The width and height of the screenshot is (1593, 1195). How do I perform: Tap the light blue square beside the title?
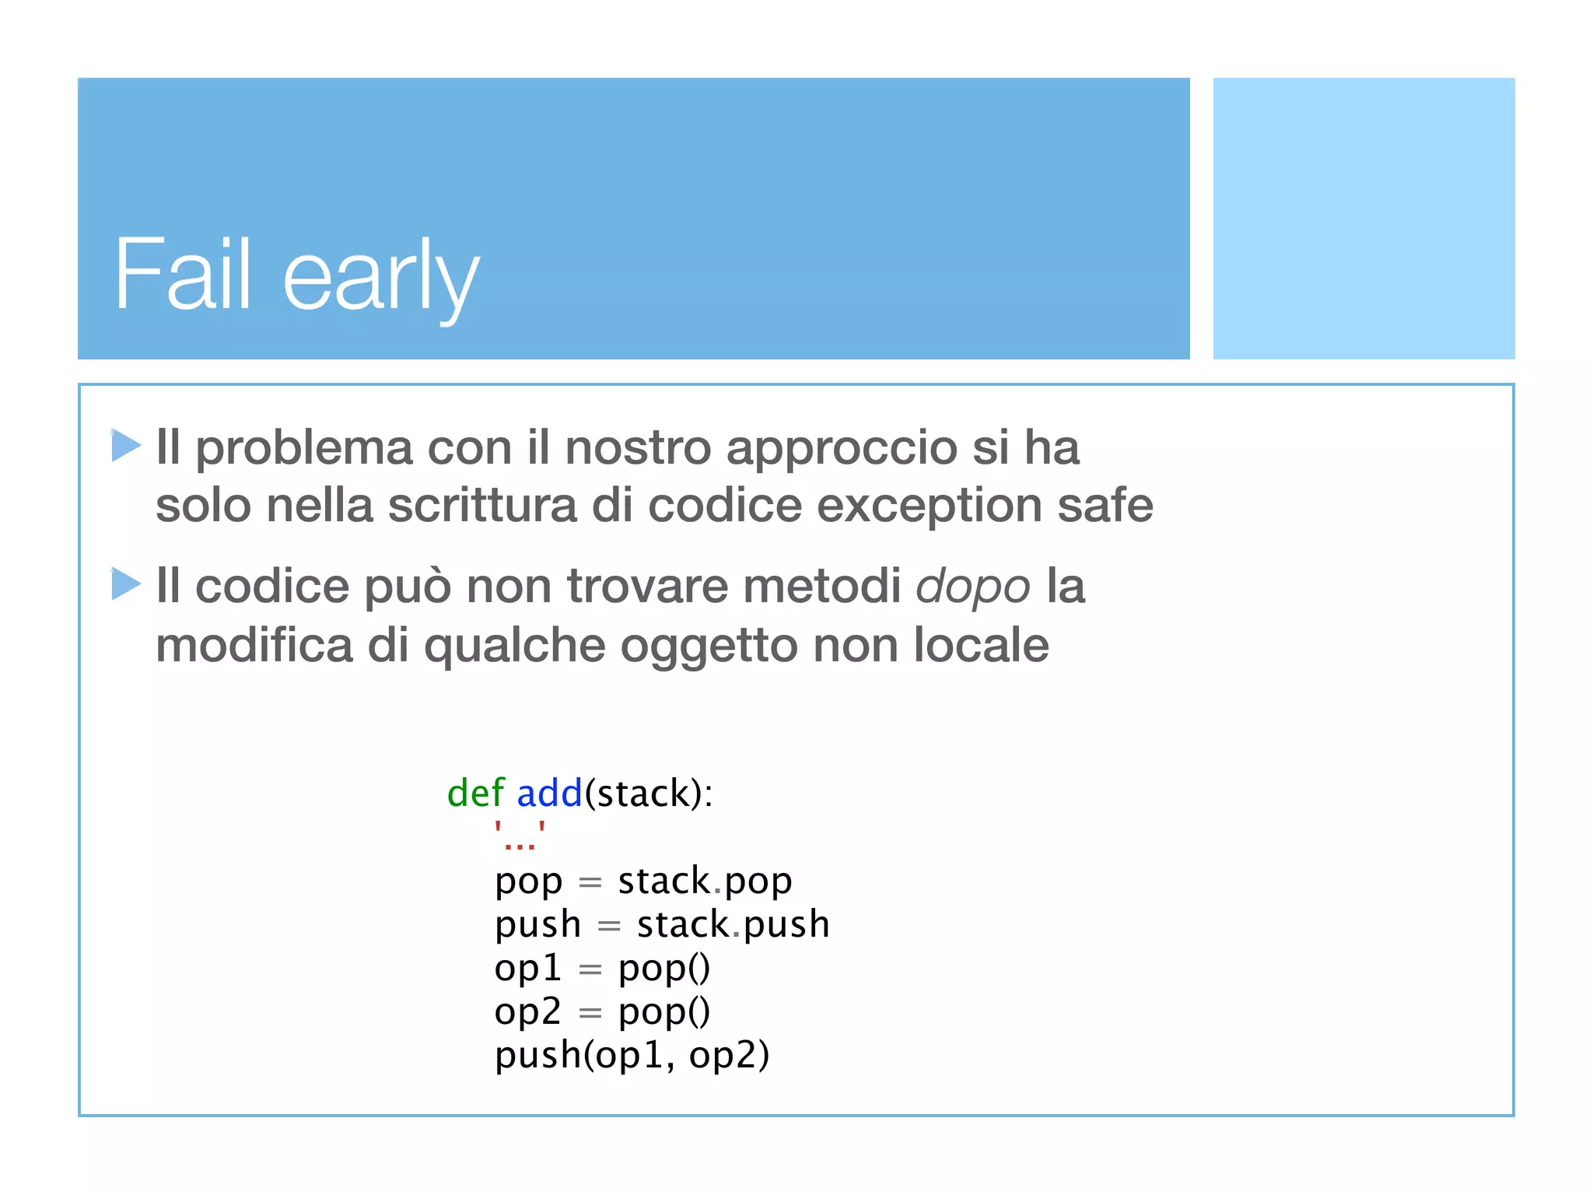[1364, 218]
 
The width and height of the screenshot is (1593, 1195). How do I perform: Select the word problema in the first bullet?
[303, 449]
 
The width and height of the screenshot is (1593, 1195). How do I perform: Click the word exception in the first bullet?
[930, 506]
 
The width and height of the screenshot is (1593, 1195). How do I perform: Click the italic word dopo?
[972, 587]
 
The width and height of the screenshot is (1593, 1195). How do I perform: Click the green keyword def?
[475, 794]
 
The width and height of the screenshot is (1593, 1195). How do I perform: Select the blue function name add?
[549, 794]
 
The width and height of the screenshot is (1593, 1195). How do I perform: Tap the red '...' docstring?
[520, 836]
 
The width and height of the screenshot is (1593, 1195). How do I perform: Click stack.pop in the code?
[705, 881]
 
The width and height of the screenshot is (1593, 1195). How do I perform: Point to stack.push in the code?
[733, 925]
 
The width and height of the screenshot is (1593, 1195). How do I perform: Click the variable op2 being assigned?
[527, 1012]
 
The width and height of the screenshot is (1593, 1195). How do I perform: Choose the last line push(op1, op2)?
[632, 1056]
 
